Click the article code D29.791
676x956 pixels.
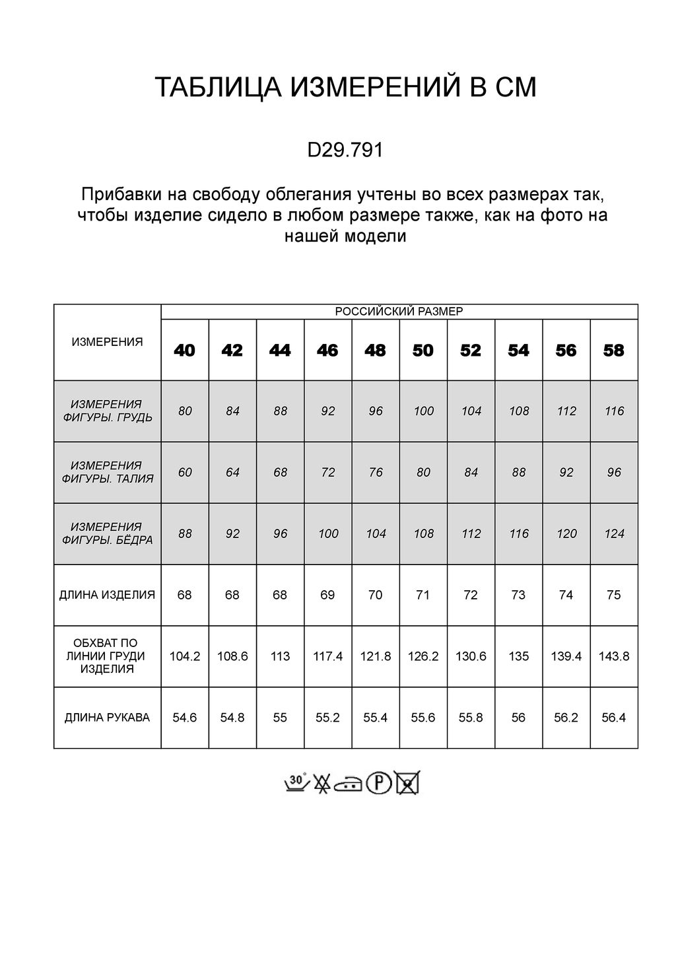click(345, 151)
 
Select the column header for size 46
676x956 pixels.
click(327, 351)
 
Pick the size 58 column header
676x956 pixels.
click(614, 351)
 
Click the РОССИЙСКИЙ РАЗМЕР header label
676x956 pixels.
click(399, 312)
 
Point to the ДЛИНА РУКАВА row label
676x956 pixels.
click(107, 718)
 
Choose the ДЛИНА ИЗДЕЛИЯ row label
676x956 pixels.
click(107, 595)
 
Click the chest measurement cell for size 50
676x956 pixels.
click(423, 411)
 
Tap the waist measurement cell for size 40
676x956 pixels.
click(185, 473)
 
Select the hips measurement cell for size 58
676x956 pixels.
click(614, 533)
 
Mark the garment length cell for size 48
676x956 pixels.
click(376, 595)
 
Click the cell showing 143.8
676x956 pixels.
click(614, 656)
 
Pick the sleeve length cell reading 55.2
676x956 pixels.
click(327, 718)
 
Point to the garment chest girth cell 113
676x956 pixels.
click(280, 656)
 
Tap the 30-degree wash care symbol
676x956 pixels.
click(296, 782)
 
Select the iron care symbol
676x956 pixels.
click(349, 784)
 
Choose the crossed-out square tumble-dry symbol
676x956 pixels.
click(407, 783)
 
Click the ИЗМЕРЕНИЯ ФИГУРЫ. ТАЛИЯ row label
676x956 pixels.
click(107, 473)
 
